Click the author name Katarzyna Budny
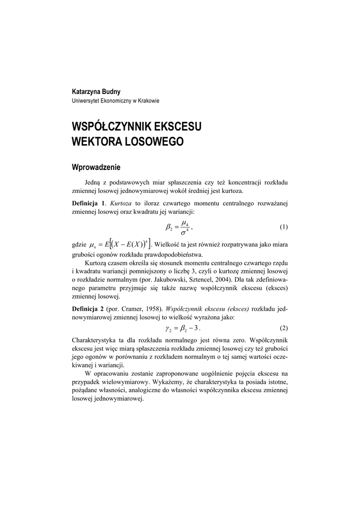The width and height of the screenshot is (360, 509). [96, 91]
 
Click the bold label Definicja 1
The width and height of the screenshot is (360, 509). [89, 203]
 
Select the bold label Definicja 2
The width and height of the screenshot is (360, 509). [89, 308]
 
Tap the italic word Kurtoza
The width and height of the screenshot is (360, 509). [121, 203]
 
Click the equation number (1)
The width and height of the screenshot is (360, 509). [283, 227]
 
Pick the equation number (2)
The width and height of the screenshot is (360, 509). [283, 329]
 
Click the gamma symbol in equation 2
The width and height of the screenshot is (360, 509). [168, 329]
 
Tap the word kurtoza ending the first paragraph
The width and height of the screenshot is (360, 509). [233, 190]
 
